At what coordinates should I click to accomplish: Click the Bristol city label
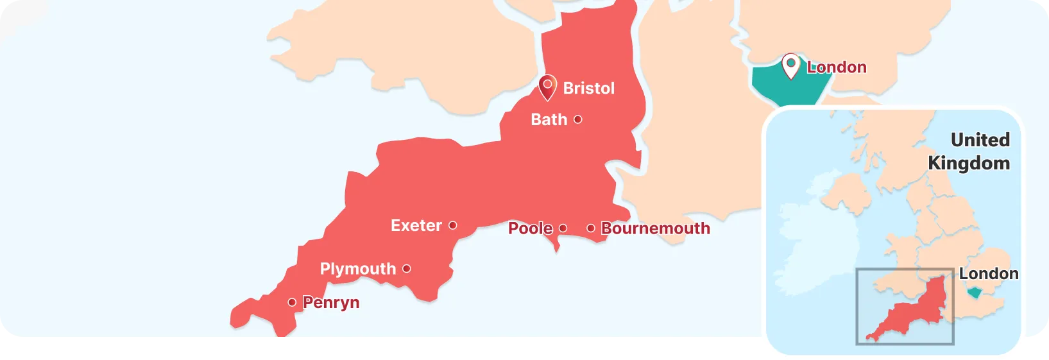tap(588, 89)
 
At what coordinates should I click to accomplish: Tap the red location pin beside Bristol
tap(547, 87)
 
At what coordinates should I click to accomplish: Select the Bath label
tap(549, 120)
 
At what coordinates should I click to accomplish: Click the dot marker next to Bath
tap(577, 119)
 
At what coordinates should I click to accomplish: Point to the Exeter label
tap(416, 226)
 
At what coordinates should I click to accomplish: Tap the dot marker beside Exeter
tap(452, 225)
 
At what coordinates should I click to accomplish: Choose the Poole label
tap(530, 228)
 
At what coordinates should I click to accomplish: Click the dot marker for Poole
tap(563, 228)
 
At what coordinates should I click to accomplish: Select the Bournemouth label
tap(655, 228)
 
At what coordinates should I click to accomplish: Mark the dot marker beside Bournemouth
tap(590, 228)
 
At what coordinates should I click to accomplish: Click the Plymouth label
tap(357, 269)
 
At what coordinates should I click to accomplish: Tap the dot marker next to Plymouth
tap(406, 268)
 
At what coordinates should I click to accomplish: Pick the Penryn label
tap(330, 302)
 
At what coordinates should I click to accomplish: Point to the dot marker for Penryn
tap(292, 302)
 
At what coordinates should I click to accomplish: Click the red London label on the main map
tap(836, 67)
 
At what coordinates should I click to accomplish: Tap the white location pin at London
tap(791, 65)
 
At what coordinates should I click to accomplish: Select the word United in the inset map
tap(980, 140)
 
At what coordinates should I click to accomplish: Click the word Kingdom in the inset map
tap(969, 163)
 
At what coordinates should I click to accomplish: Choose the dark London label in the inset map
tap(988, 274)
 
